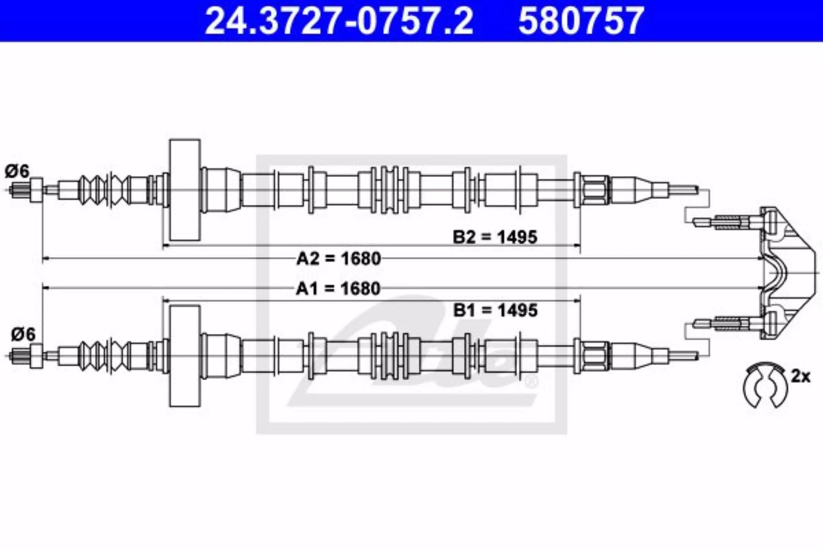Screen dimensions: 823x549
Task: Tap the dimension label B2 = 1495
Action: pyautogui.click(x=495, y=237)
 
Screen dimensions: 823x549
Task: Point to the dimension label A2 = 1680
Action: pyautogui.click(x=339, y=259)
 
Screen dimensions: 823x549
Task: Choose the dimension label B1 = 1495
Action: pyautogui.click(x=495, y=310)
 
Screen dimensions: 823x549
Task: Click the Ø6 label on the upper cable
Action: pyautogui.click(x=17, y=171)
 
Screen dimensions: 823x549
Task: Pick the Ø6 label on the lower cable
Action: pyautogui.click(x=23, y=334)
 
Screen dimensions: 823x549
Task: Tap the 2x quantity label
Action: pyautogui.click(x=800, y=377)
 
